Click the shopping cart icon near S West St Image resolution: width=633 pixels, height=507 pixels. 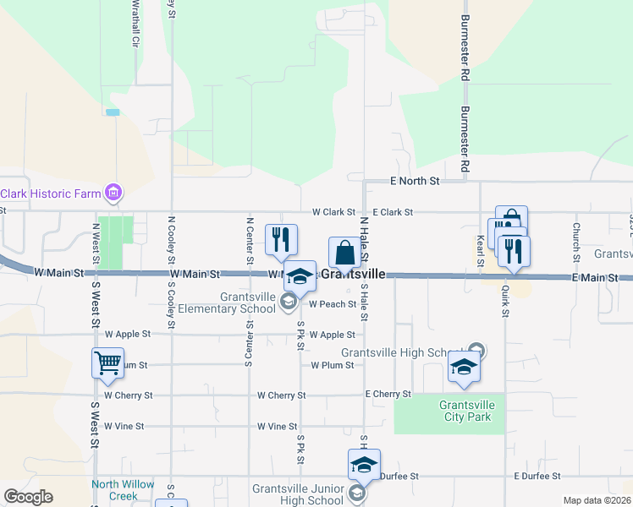[x=108, y=363]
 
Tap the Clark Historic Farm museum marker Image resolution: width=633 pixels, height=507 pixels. [x=112, y=193]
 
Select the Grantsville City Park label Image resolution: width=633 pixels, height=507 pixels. [x=466, y=411]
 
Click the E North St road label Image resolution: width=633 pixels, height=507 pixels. [x=415, y=181]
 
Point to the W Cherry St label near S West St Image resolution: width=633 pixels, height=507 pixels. [x=128, y=395]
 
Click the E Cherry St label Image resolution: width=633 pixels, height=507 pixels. [x=388, y=395]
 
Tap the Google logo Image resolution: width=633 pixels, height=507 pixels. [x=29, y=497]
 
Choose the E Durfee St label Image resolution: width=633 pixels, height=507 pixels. [x=539, y=477]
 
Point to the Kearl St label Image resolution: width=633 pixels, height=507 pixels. [x=479, y=251]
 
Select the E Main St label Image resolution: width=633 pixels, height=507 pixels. [x=596, y=277]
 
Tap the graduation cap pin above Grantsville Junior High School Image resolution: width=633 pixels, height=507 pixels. [x=364, y=465]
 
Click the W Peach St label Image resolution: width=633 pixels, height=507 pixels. [x=332, y=304]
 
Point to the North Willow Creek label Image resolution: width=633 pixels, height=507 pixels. [x=124, y=489]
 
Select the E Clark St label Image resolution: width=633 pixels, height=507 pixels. [x=393, y=212]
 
